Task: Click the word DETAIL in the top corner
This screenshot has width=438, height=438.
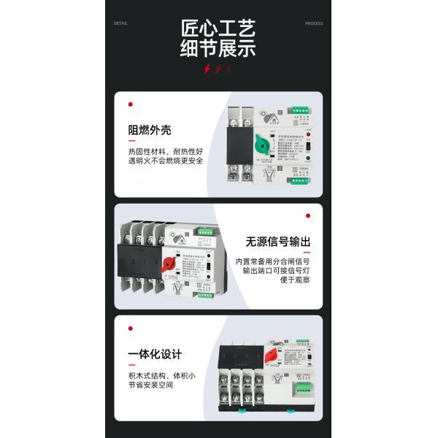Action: click(x=120, y=23)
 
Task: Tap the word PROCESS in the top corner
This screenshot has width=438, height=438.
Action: click(x=314, y=23)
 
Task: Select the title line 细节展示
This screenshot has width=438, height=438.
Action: click(x=218, y=52)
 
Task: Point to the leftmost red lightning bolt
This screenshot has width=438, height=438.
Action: click(x=207, y=69)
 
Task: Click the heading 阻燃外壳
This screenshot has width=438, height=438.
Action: click(x=150, y=131)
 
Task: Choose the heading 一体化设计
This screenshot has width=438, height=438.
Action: click(x=155, y=355)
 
